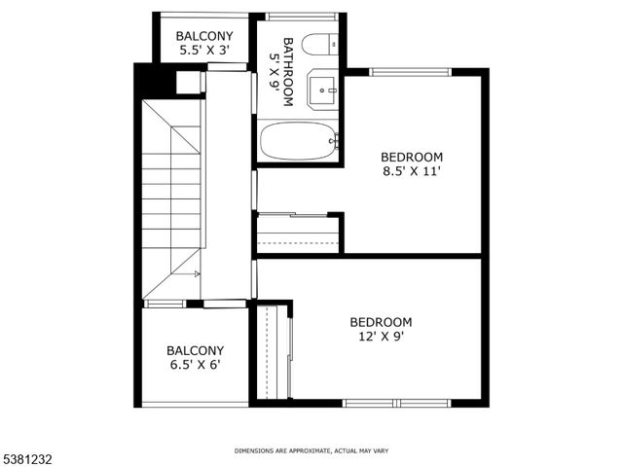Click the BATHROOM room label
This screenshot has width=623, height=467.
(x=282, y=63)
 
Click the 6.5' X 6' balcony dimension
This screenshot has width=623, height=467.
(x=195, y=366)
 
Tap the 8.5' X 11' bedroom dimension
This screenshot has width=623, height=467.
(x=412, y=172)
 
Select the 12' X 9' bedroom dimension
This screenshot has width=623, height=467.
(x=381, y=337)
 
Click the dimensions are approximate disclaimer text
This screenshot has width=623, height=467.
(x=311, y=450)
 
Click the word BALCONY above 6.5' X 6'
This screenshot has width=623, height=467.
(x=195, y=350)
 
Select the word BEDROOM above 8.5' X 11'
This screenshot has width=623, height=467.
(x=412, y=157)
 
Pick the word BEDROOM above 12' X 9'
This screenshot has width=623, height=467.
(x=381, y=322)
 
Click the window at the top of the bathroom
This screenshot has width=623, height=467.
(x=301, y=16)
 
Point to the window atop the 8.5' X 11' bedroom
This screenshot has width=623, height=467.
(x=410, y=71)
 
